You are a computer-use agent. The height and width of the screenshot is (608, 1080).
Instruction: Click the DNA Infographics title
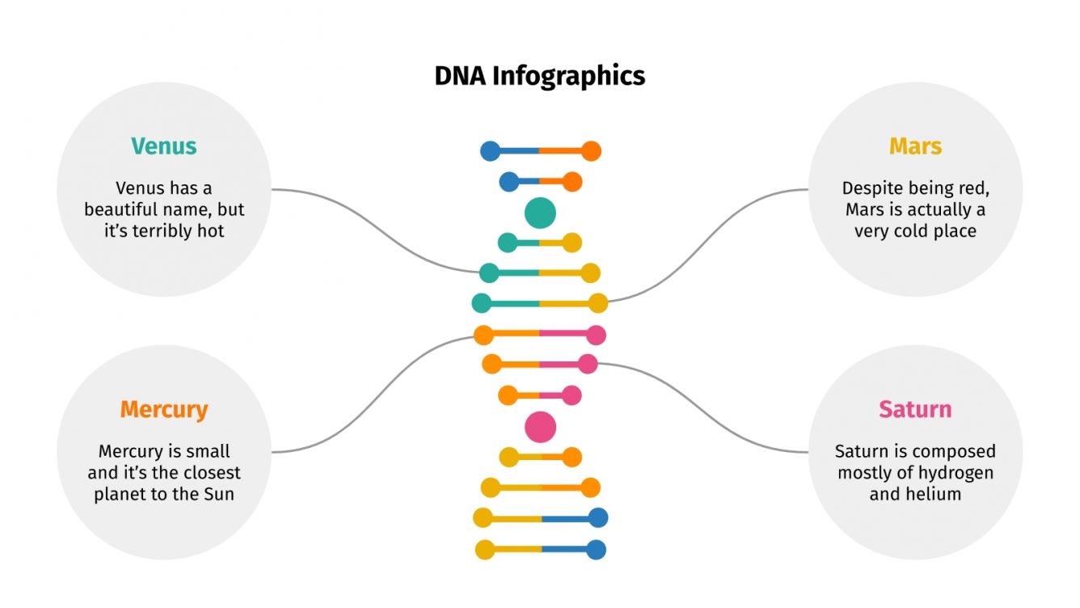[x=539, y=76]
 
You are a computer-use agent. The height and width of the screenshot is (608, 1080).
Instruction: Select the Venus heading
[x=164, y=146]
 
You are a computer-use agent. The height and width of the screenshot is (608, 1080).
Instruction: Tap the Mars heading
[x=915, y=146]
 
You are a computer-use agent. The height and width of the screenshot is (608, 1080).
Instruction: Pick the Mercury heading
[x=164, y=409]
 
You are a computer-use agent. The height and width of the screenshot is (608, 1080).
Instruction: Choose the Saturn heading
[x=915, y=409]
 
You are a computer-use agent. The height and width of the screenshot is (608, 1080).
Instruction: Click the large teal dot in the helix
[x=540, y=213]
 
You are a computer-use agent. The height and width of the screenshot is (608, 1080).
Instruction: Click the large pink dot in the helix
[x=540, y=427]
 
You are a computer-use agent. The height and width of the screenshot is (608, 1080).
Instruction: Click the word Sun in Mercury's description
[x=218, y=494]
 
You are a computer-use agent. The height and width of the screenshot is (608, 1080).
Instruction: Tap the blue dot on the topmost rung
[x=490, y=150]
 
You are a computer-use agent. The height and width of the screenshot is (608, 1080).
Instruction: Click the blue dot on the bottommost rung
[x=596, y=550]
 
